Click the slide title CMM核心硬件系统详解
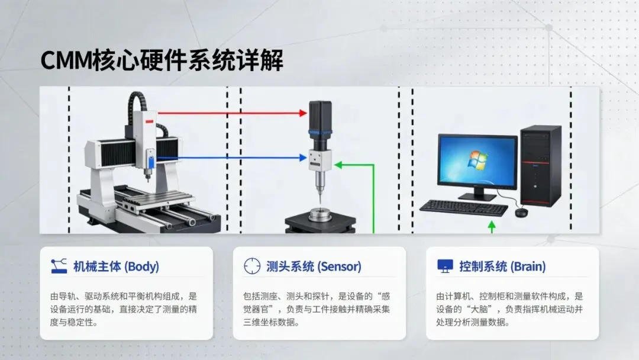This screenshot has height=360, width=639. [x=162, y=61]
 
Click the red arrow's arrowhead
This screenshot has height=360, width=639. [x=304, y=112]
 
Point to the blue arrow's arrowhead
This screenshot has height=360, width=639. [x=304, y=158]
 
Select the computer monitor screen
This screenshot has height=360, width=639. [x=477, y=160]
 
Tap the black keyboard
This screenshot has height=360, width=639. [x=463, y=207]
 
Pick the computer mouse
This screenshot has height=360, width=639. [x=521, y=212]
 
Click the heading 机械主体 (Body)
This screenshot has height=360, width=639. [x=116, y=266]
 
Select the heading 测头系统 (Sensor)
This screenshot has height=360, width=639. [x=314, y=266]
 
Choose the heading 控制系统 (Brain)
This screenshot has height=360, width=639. [x=502, y=266]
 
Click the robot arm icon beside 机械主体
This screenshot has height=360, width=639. [x=59, y=266]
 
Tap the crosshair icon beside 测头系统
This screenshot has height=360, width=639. [x=252, y=266]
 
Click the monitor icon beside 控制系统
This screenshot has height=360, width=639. [x=445, y=266]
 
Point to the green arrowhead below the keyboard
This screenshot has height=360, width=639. [x=491, y=225]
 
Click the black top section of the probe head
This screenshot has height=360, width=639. [x=321, y=115]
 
